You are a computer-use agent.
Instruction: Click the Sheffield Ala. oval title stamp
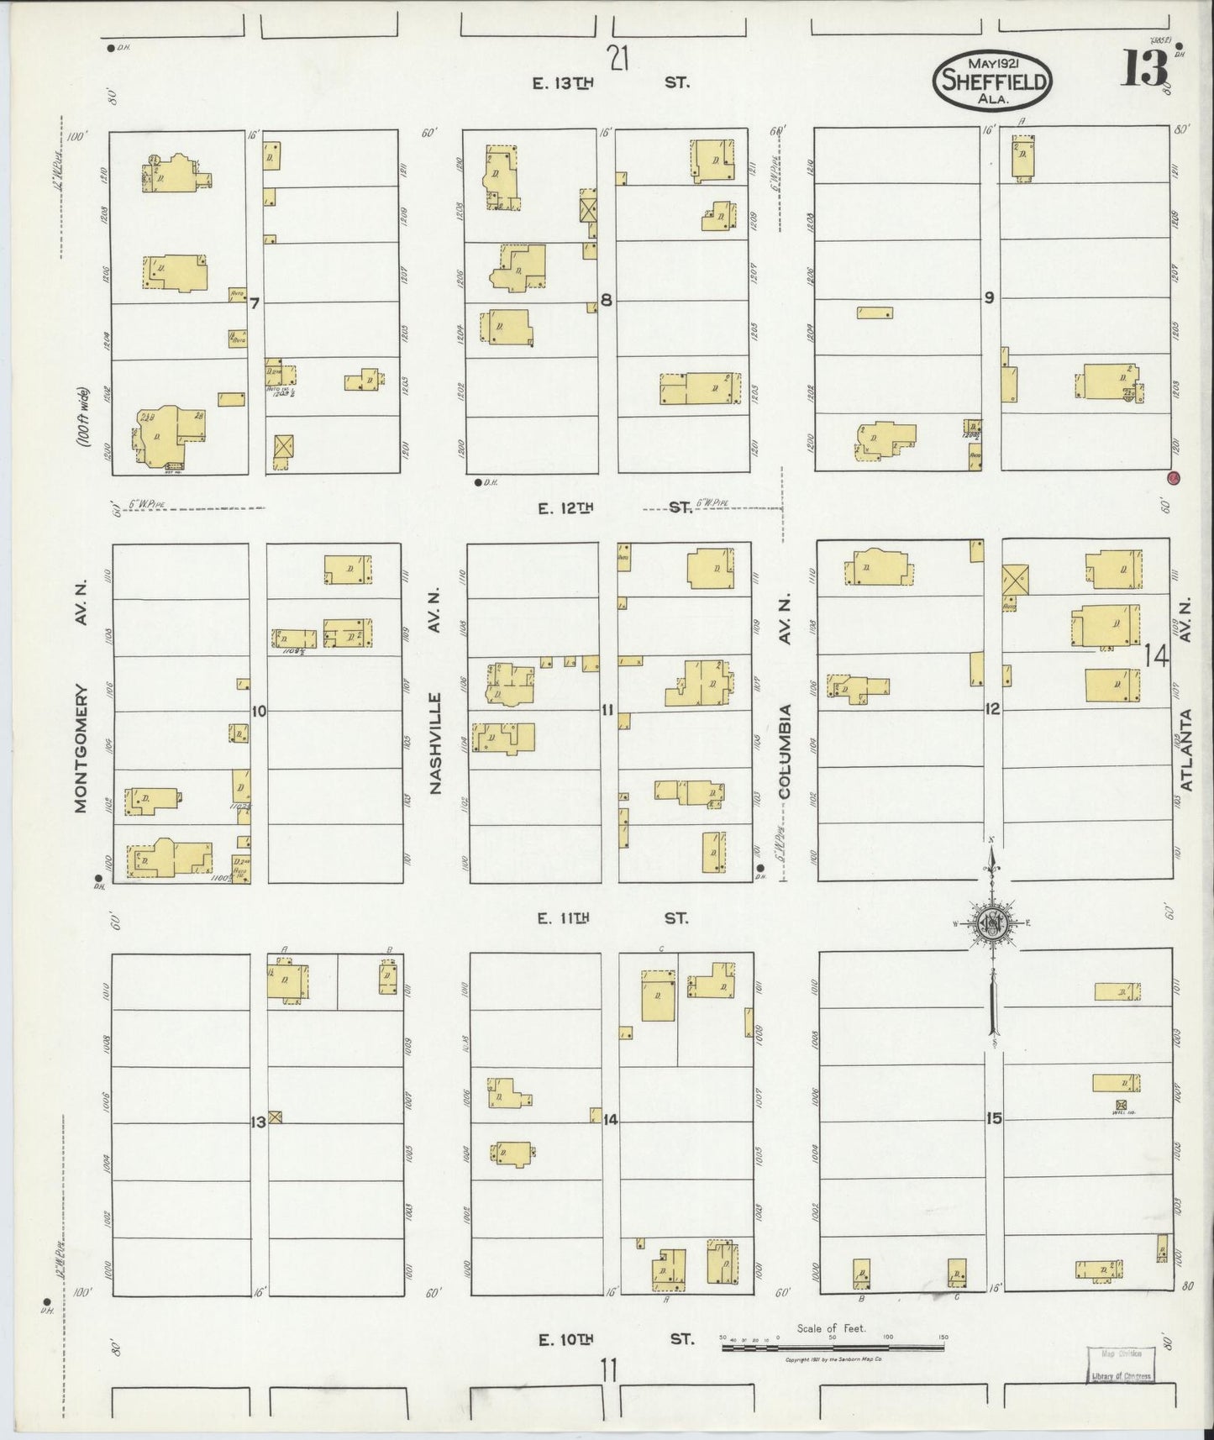pyautogui.click(x=992, y=79)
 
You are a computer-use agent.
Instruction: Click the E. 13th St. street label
pyautogui.click(x=611, y=83)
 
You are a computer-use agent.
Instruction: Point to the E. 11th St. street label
pyautogui.click(x=612, y=918)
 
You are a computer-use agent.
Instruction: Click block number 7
pyautogui.click(x=254, y=302)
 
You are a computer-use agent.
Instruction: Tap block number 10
pyautogui.click(x=258, y=712)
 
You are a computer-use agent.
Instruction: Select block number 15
pyautogui.click(x=994, y=1119)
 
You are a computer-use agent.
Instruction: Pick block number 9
pyautogui.click(x=990, y=297)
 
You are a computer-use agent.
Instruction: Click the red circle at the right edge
pyautogui.click(x=1173, y=479)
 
